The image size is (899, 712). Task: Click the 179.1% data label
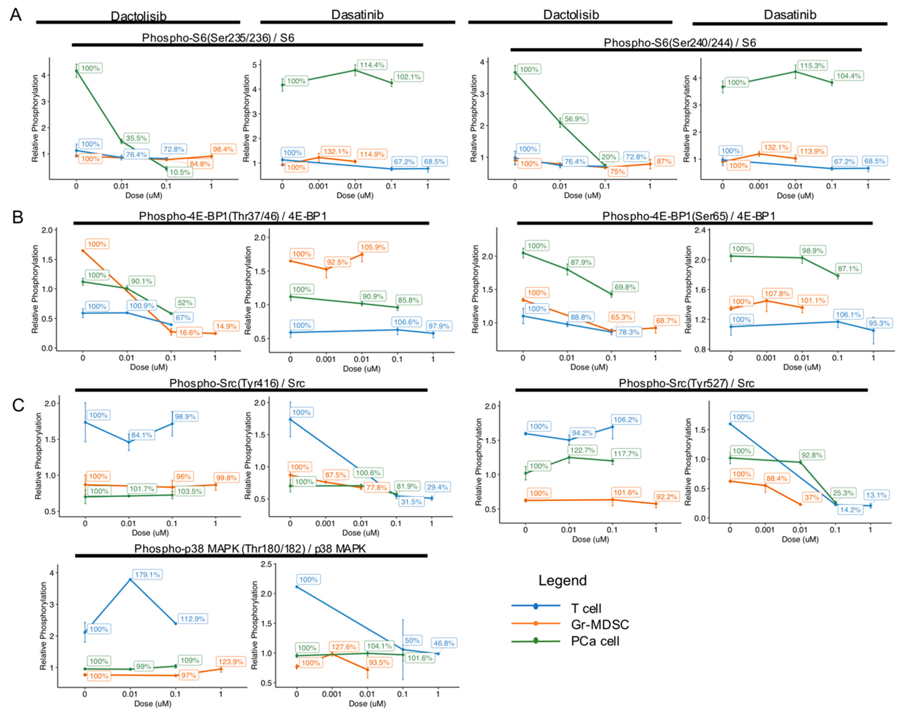pyautogui.click(x=147, y=575)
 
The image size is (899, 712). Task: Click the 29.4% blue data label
pyautogui.click(x=437, y=487)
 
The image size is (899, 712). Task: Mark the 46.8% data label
pyautogui.click(x=444, y=643)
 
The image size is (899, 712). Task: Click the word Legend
pyautogui.click(x=563, y=580)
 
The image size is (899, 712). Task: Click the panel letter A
pyautogui.click(x=15, y=15)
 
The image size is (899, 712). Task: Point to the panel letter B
pyautogui.click(x=18, y=217)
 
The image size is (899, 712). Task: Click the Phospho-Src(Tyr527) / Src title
pyautogui.click(x=686, y=383)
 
